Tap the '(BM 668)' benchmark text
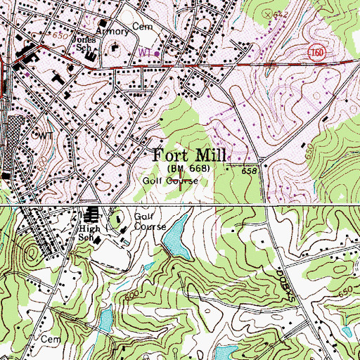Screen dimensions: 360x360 [188, 169]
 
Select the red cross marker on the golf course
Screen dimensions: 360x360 [182, 186]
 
